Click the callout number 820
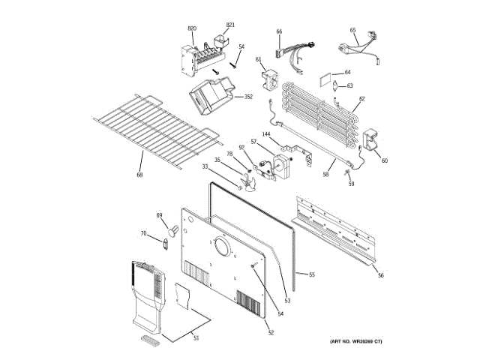click(192, 28)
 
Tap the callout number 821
click(230, 25)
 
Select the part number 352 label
click(248, 97)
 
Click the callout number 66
click(279, 31)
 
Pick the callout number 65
click(352, 31)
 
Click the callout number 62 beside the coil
click(361, 98)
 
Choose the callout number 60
click(385, 160)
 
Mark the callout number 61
click(258, 59)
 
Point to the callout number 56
click(380, 276)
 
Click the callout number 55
click(312, 274)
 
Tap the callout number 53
click(286, 301)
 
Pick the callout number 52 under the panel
click(271, 323)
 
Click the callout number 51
click(196, 338)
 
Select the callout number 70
click(144, 234)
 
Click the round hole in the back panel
click(221, 247)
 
